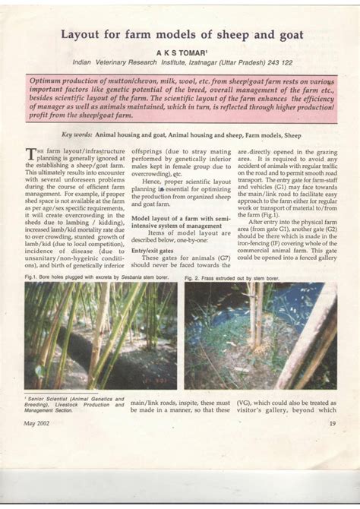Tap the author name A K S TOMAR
point(181,51)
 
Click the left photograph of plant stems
point(100,336)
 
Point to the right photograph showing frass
point(261,337)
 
